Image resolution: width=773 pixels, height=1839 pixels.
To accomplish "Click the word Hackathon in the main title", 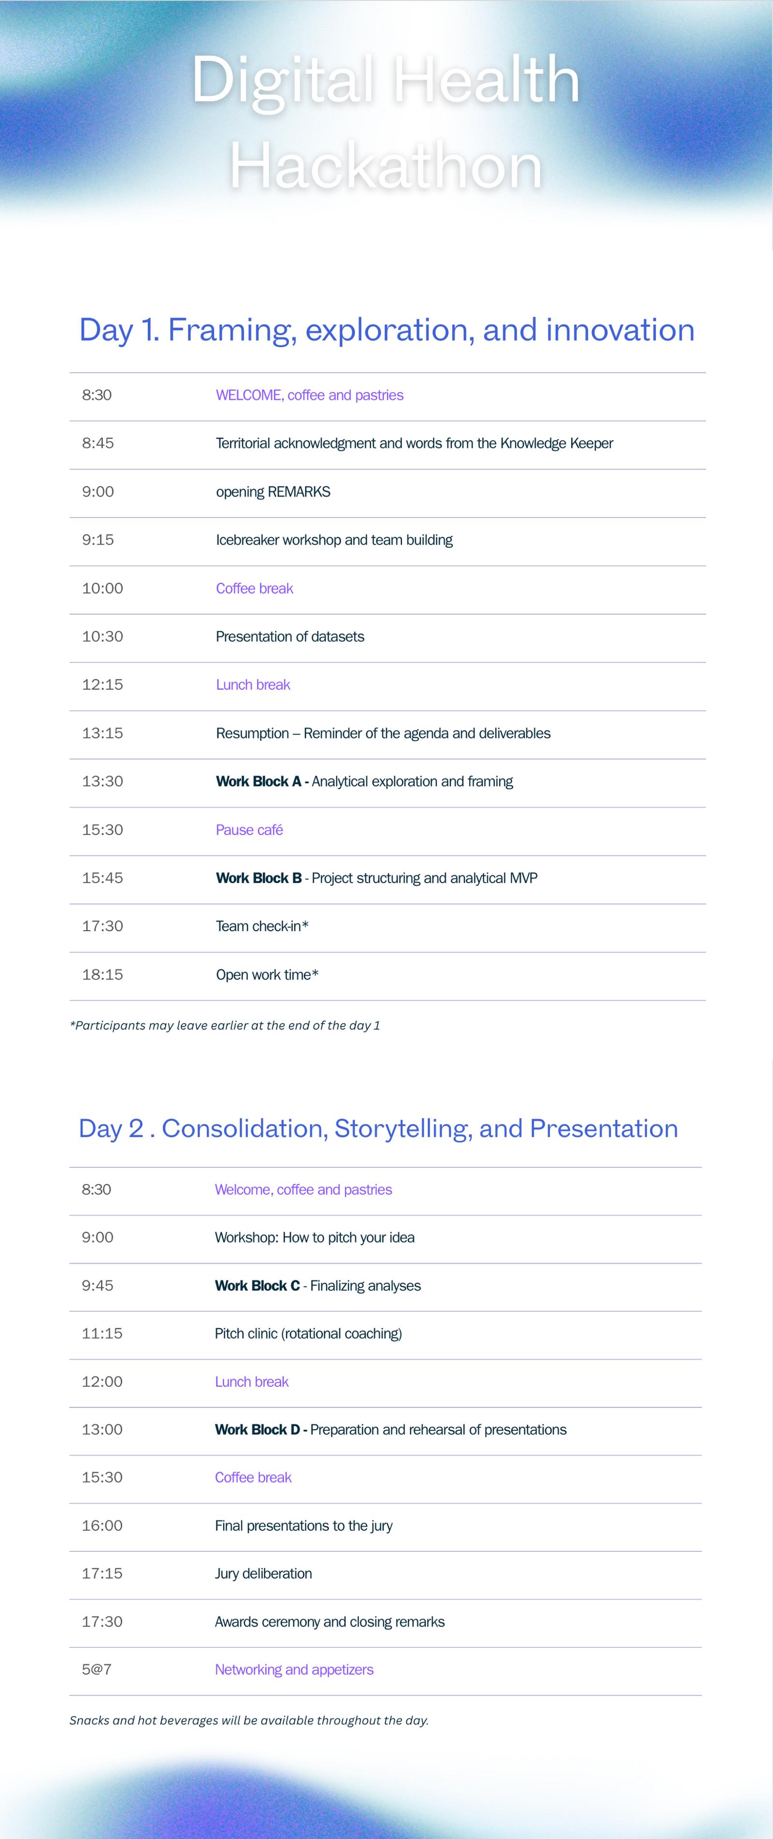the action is pos(386,166).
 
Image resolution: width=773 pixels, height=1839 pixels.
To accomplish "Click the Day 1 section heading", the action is pos(386,330).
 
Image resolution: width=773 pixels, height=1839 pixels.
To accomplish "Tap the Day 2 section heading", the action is pos(378,1128).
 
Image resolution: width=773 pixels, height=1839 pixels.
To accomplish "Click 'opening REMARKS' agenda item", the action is pos(273,492).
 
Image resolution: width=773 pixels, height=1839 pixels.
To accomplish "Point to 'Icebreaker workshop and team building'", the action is pos(334,540).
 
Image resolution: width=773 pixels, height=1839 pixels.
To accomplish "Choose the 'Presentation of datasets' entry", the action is pos(290,637).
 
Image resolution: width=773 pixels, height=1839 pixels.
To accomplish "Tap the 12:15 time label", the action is pos(102,684).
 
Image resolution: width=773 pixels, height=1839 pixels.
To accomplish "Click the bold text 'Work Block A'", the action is pos(258,782).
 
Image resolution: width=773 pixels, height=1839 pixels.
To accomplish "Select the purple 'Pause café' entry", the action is pos(249,830).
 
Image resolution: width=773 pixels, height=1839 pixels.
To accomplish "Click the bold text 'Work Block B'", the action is pos(258,878).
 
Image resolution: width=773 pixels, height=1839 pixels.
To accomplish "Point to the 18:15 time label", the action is pos(102,975).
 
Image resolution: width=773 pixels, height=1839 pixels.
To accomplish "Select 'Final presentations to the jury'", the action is pos(303,1526).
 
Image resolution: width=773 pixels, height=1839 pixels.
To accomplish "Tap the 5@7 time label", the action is pos(97,1669).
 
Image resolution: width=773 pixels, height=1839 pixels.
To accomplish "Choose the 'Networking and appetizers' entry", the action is pos(294,1669).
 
